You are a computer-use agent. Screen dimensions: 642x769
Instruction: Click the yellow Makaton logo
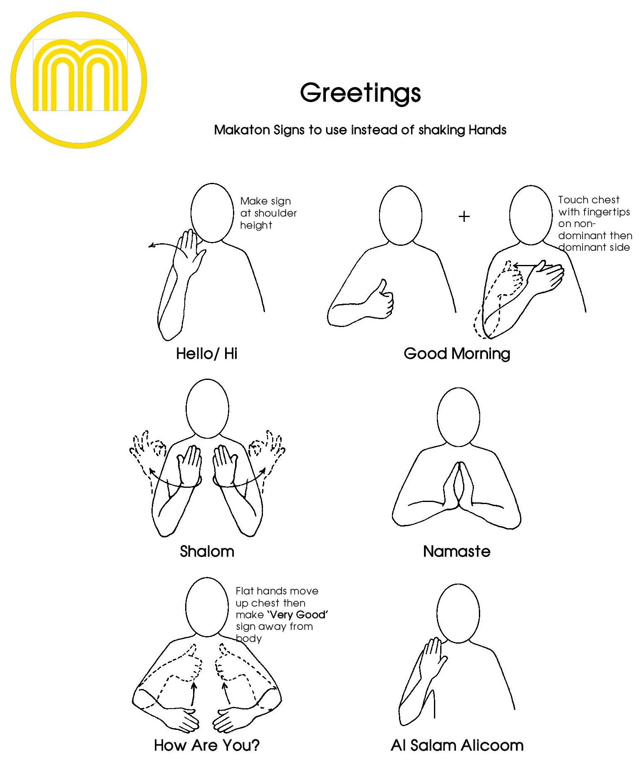79,79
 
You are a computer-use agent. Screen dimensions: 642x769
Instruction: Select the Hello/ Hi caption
206,354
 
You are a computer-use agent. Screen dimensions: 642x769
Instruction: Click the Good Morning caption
457,354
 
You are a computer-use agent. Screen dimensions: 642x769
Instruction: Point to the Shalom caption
207,552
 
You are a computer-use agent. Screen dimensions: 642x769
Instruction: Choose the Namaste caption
456,552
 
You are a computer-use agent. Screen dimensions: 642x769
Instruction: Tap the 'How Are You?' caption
206,745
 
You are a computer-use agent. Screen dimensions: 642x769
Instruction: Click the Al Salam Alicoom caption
457,745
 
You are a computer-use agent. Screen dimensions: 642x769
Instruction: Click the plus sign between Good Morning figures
464,217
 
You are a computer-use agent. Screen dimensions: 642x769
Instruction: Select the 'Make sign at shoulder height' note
268,213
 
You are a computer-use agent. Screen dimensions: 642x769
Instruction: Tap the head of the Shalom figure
207,408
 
